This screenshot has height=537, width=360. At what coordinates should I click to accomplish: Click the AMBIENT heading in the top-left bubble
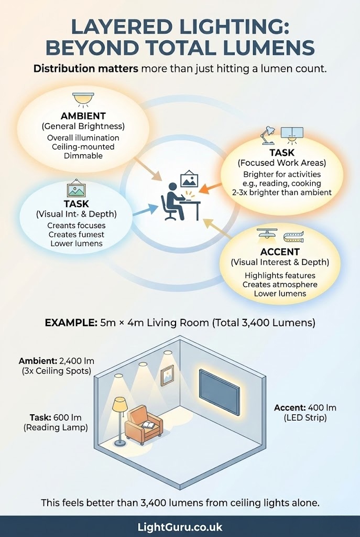tap(83, 116)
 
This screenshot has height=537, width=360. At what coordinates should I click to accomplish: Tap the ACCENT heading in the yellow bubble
tap(279, 252)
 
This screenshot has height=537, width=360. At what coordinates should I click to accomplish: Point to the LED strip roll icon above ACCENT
tap(293, 236)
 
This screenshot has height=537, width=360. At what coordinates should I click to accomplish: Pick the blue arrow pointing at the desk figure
tap(145, 209)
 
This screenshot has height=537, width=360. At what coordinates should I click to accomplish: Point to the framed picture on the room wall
tap(167, 375)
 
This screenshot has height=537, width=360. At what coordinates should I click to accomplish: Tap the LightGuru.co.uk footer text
tap(180, 527)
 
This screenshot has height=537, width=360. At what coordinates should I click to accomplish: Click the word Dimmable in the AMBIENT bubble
tap(83, 156)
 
